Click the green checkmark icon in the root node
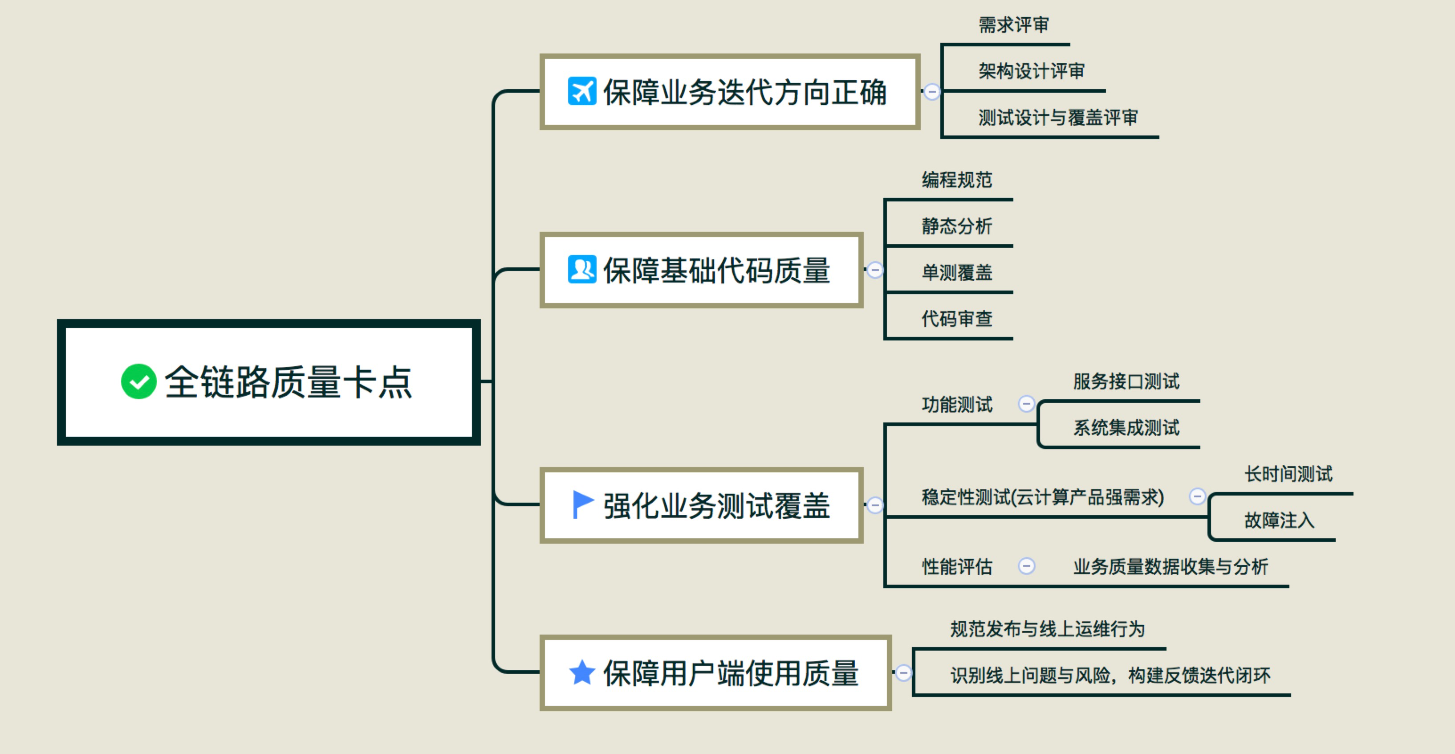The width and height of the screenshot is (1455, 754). click(138, 381)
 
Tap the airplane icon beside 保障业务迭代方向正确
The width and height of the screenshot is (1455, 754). click(582, 91)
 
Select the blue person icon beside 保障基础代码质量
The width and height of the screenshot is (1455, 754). click(582, 270)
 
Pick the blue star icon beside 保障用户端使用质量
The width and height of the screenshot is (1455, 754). click(582, 672)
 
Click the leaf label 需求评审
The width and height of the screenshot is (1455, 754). click(1013, 25)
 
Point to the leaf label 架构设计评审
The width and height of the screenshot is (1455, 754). click(1032, 71)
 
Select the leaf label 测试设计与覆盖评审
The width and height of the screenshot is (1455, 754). click(1058, 118)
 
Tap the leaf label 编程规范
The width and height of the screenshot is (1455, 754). click(957, 180)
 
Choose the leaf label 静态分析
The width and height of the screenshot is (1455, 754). click(957, 226)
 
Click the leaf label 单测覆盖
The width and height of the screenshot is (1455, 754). click(957, 272)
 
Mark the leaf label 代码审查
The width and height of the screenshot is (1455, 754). click(957, 319)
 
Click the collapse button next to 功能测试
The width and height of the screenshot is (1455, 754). click(1026, 404)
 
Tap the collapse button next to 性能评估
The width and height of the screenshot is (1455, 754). click(1026, 566)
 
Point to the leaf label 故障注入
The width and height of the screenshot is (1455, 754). click(1279, 520)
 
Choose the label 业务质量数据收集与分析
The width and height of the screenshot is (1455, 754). click(1171, 566)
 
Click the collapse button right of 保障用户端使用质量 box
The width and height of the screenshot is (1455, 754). click(904, 672)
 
